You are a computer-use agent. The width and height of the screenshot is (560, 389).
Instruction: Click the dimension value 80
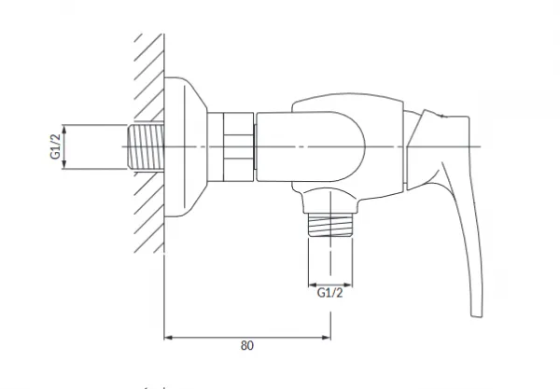pos(247,345)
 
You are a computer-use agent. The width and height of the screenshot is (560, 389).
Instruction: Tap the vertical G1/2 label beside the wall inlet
pos(55,146)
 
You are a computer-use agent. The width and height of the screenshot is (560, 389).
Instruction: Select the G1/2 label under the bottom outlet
pos(329,293)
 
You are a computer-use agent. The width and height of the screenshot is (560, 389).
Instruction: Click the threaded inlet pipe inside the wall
pos(146,146)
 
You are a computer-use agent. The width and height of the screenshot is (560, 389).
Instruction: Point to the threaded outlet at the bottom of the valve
pos(330,225)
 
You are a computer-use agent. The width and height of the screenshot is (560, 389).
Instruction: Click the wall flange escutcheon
pos(186,147)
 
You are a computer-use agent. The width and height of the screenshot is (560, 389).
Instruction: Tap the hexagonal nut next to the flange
pos(238,146)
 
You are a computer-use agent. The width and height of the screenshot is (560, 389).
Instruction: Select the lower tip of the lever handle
pos(477,315)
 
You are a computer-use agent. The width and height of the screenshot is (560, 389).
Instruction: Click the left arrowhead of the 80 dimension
pos(168,338)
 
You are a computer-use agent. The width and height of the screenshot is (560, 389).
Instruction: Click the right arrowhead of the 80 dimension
pos(326,338)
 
